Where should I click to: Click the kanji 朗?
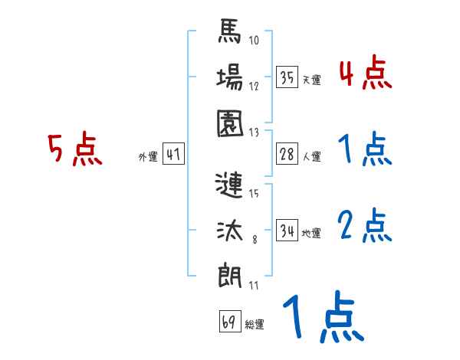click(x=230, y=273)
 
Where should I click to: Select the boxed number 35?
click(x=287, y=77)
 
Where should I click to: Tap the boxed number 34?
click(x=287, y=230)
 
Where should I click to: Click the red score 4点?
click(x=365, y=75)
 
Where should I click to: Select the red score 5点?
click(x=74, y=149)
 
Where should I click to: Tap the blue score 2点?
click(x=365, y=227)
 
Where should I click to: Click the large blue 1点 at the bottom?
click(x=322, y=319)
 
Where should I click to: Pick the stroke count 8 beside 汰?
click(x=255, y=240)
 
